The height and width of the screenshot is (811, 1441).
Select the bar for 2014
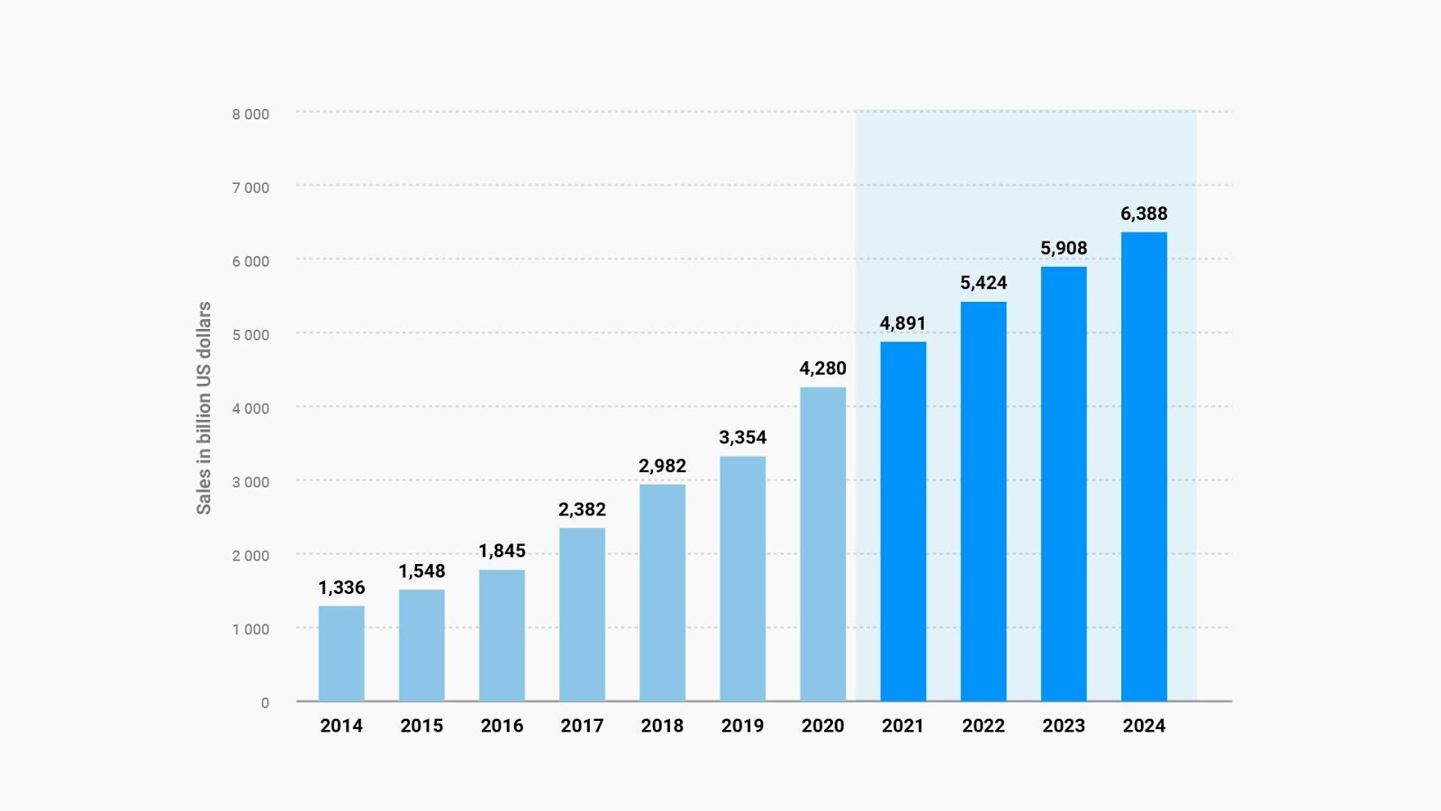point(341,653)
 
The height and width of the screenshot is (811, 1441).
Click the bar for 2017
point(582,615)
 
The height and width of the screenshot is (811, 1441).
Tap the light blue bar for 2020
point(822,544)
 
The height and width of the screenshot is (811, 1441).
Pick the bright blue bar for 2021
point(902,521)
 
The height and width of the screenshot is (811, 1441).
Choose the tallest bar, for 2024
point(1144,466)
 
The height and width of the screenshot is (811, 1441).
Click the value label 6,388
point(1144,214)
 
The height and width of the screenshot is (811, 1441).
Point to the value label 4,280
point(822,368)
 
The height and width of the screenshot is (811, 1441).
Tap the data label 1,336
point(341,588)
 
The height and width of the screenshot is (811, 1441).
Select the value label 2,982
point(662,466)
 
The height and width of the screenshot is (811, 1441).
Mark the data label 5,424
point(983,282)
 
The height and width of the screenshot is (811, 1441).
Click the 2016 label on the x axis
point(502,725)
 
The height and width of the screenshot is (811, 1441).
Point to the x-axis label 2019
point(742,725)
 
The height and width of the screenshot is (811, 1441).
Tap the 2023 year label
point(1063,725)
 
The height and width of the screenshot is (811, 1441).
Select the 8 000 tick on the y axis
point(250,114)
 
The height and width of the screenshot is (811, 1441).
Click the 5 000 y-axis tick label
point(250,335)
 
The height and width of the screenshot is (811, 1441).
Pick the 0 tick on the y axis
point(265,703)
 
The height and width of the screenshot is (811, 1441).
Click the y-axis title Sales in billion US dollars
point(204,407)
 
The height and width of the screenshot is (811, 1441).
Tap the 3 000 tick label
point(250,482)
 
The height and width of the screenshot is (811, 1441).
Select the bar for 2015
point(421,645)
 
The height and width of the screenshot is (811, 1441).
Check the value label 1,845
point(502,551)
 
